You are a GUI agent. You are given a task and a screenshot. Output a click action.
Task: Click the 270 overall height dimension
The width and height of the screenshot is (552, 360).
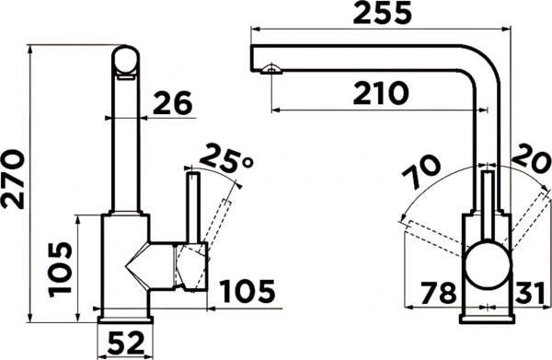click(x=13, y=180)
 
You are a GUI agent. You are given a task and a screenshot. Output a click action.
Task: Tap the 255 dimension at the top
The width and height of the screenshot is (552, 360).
click(x=382, y=13)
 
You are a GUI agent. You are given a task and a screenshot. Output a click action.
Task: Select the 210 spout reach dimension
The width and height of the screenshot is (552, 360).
click(x=381, y=93)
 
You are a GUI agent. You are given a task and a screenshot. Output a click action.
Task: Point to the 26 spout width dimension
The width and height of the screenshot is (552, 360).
click(x=173, y=102)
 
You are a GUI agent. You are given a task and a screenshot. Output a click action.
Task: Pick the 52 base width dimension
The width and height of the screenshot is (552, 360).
click(x=126, y=343)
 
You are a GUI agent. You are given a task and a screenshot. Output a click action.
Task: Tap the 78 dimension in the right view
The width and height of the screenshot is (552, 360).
click(x=439, y=292)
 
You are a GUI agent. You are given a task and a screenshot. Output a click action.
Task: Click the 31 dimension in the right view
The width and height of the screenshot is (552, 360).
click(x=529, y=292)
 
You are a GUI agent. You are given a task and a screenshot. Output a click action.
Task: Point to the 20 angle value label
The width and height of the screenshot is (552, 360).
click(x=531, y=157)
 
